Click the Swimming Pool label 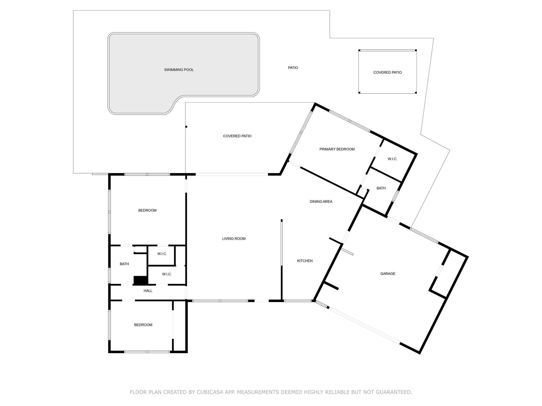tap(179, 70)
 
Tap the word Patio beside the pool tap(293, 68)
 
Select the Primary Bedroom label tap(337, 149)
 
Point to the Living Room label tap(234, 239)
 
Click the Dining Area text tap(321, 201)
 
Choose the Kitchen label tap(305, 261)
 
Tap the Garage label tap(388, 274)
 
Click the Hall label tap(148, 291)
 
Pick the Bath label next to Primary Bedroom tap(381, 188)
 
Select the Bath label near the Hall tap(124, 264)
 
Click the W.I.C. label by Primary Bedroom tap(392, 159)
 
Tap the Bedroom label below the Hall tap(143, 325)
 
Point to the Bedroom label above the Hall tap(147, 210)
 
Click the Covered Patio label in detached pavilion tap(387, 72)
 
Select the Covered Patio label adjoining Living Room tap(237, 136)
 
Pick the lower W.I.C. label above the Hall tap(167, 274)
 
